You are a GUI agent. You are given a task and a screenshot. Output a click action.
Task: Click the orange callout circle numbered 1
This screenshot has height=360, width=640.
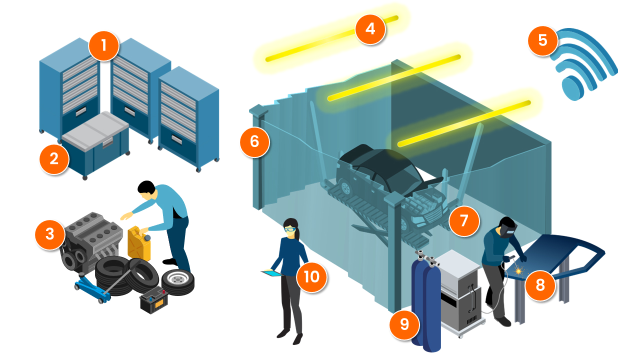coord(104,46)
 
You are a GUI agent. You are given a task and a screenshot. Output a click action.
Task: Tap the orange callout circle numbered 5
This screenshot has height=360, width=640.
coord(543,39)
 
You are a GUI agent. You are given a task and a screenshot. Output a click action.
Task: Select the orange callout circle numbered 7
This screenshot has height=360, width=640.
coord(463,220)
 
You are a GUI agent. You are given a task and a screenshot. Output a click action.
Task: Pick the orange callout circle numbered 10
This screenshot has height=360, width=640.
coord(311,277)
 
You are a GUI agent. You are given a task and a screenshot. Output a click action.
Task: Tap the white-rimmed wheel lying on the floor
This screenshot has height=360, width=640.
coord(177,282)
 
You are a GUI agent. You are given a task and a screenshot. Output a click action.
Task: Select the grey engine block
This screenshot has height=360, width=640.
coord(92,240)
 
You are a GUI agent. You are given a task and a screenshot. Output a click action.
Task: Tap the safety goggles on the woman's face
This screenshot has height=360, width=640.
coord(290,230)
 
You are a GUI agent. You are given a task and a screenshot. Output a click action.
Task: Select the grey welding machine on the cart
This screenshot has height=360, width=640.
coord(458,290)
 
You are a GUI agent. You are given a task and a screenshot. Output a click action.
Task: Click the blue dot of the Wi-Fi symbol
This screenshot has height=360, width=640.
coord(570,89)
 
